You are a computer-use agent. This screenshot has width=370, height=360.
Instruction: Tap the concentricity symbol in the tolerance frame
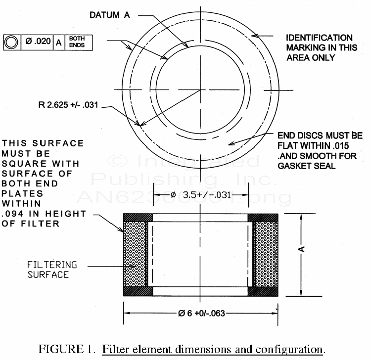(x=10, y=42)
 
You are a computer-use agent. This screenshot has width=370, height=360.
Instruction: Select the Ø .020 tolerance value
(x=38, y=42)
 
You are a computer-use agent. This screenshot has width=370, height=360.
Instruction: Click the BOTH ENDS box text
(x=77, y=42)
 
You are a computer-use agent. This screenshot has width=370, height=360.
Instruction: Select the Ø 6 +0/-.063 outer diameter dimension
(x=200, y=313)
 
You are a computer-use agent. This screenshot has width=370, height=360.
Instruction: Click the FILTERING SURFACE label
(x=48, y=270)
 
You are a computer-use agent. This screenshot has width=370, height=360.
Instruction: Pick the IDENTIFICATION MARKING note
(x=319, y=47)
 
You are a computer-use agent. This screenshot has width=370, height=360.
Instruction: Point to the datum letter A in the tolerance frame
(x=58, y=42)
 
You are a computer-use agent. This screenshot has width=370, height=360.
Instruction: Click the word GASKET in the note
(x=293, y=166)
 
